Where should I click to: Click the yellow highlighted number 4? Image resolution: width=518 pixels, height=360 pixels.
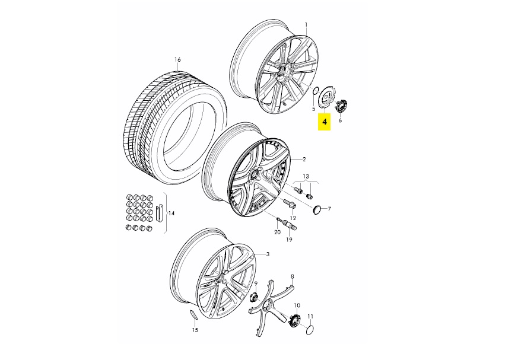click(x=325, y=122)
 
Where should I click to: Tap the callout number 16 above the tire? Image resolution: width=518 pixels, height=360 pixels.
click(x=178, y=60)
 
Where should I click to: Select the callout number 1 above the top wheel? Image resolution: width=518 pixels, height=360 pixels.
click(x=306, y=24)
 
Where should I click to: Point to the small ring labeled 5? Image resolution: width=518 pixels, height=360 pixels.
click(x=316, y=90)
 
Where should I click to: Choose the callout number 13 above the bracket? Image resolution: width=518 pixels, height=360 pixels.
click(x=306, y=176)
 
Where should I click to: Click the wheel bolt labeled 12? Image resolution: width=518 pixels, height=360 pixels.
click(x=289, y=205)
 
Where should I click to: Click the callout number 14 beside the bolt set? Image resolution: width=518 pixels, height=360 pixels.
click(x=171, y=214)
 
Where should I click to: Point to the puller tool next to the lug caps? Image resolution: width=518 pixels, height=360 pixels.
click(x=160, y=213)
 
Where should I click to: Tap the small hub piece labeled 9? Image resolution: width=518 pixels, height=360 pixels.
click(x=254, y=297)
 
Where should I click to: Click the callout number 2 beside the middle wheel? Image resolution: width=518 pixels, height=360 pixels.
click(x=304, y=160)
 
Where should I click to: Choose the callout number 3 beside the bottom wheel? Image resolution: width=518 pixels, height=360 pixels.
click(x=268, y=254)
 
